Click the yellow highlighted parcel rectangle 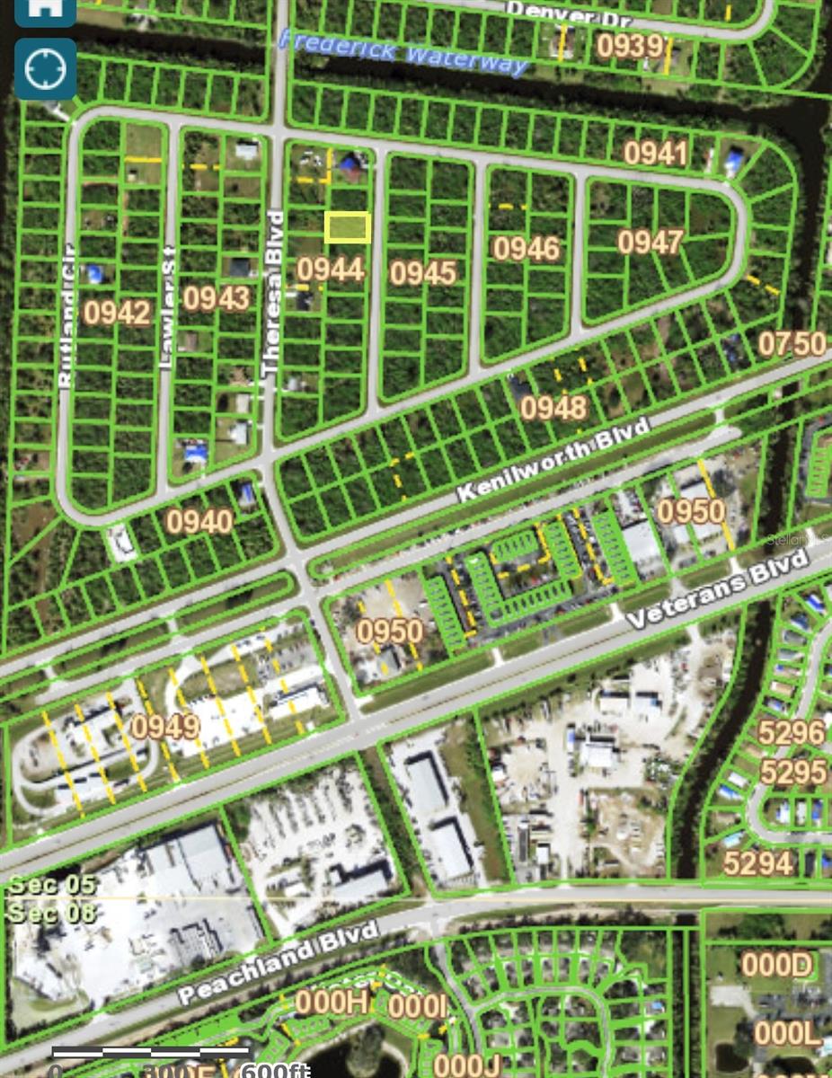tap(347, 227)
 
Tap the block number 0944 tap(331, 269)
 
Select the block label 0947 tap(651, 242)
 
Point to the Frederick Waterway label tap(403, 52)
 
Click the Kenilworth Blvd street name tap(552, 460)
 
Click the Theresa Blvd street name tap(272, 293)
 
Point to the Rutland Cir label tap(66, 314)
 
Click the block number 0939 tap(631, 46)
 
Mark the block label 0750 tap(792, 343)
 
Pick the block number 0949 tap(165, 726)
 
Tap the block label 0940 tap(199, 521)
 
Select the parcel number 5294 tap(758, 863)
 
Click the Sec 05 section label tap(51, 884)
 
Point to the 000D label tap(776, 965)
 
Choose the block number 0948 tap(553, 407)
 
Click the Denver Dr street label tap(569, 13)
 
